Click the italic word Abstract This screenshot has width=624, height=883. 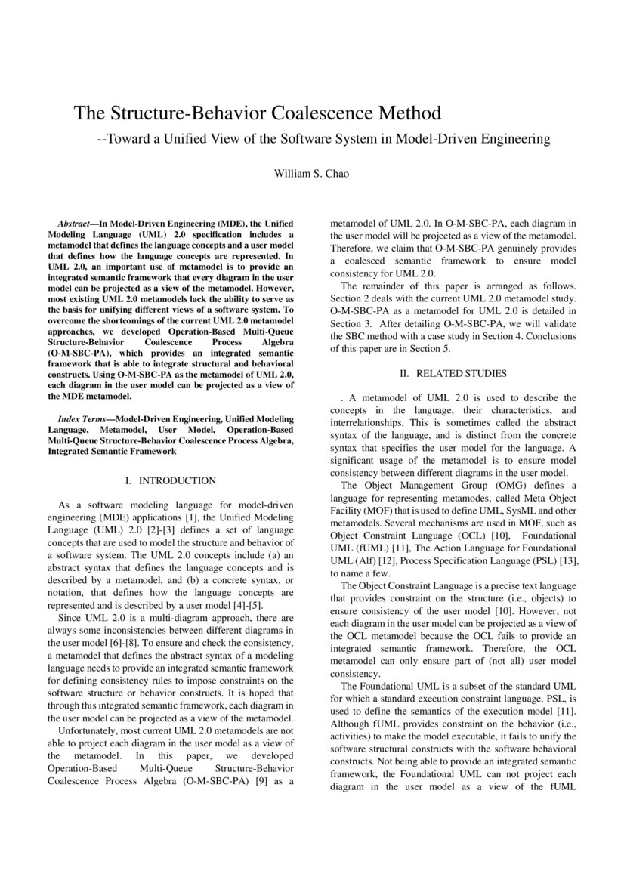click(75, 224)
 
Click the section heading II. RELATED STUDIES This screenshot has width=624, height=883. click(453, 373)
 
